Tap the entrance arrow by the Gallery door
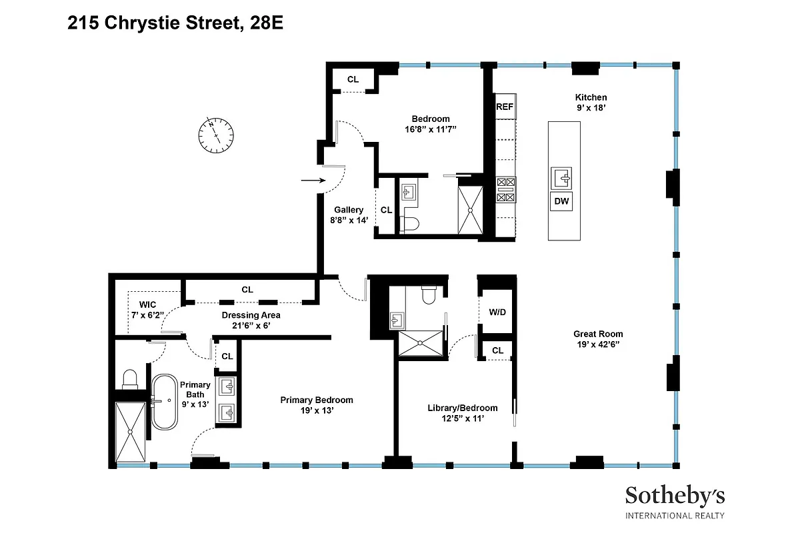pyautogui.click(x=311, y=180)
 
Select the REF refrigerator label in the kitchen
pyautogui.click(x=505, y=106)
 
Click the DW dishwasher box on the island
pyautogui.click(x=561, y=201)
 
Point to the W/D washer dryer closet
pyautogui.click(x=497, y=311)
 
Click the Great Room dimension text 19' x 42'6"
pyautogui.click(x=598, y=344)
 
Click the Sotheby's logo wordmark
pyautogui.click(x=674, y=496)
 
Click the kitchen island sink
pyautogui.click(x=561, y=178)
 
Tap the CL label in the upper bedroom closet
pyautogui.click(x=353, y=79)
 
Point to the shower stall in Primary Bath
pyautogui.click(x=129, y=432)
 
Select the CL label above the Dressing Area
pyautogui.click(x=247, y=289)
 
